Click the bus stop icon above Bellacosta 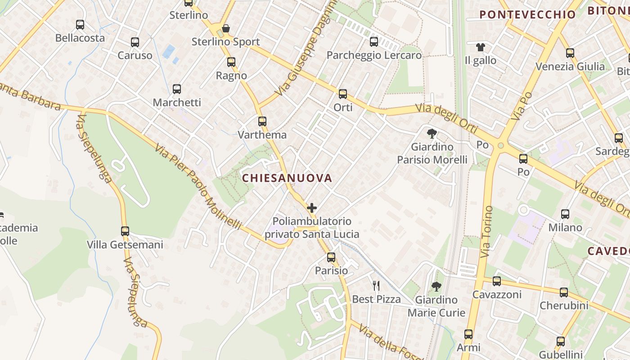coord(80,25)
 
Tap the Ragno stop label coord(231,76)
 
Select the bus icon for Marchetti coord(177,89)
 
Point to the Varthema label coord(262,135)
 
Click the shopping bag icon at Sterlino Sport coord(226,28)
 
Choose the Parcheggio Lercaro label coord(374,55)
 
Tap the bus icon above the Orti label coord(343,94)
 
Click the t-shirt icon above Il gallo coord(481,47)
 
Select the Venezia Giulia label coord(570,67)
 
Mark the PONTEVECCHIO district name coord(527,14)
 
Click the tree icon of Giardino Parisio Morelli coord(432,133)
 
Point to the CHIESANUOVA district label coord(287,178)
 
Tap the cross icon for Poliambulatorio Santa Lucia coord(311,208)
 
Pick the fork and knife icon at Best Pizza coord(376,285)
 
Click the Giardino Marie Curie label coord(436,306)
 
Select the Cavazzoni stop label coord(496,295)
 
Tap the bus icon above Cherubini coord(564,292)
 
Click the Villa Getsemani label coord(125,245)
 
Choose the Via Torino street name coord(486,232)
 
